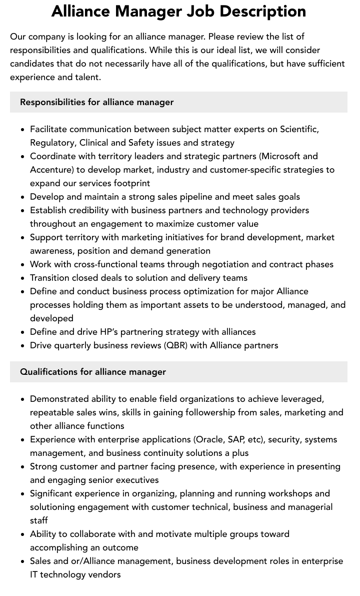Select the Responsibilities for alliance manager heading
(x=96, y=102)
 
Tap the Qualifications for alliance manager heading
(x=93, y=372)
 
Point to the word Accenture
(x=51, y=170)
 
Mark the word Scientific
(x=299, y=129)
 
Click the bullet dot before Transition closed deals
(x=23, y=278)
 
